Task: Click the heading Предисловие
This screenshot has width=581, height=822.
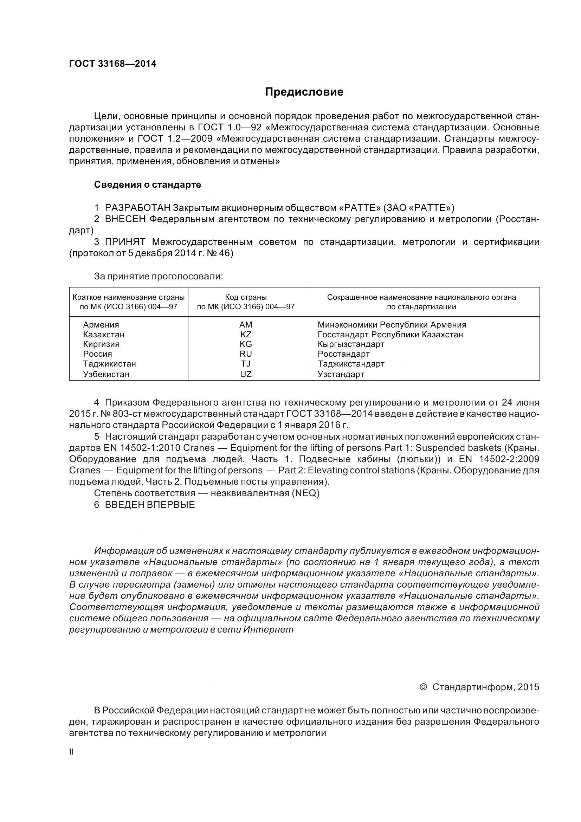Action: (304, 92)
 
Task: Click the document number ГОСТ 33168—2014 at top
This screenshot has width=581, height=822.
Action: (112, 64)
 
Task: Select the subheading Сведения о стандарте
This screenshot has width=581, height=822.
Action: (147, 185)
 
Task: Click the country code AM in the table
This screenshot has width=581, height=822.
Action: (246, 325)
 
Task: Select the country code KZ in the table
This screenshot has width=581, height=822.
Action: (246, 334)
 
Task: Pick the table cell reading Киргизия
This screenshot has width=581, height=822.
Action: (101, 344)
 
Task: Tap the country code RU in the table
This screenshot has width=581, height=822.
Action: (246, 354)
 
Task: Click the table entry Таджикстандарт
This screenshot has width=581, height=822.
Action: (351, 364)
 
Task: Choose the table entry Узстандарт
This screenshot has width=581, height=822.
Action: (341, 374)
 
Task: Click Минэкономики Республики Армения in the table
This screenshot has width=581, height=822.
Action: (392, 325)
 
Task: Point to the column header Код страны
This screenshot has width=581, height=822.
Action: (246, 297)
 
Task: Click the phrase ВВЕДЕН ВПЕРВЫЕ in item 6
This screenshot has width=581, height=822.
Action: (150, 505)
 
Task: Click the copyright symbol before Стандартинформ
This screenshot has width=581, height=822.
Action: (423, 687)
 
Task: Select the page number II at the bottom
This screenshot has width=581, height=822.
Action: (71, 752)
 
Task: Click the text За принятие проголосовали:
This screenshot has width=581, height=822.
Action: (158, 276)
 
